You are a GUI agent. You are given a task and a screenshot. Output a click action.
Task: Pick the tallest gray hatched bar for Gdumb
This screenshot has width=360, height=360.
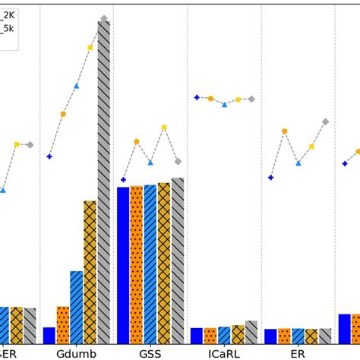coord(104,182)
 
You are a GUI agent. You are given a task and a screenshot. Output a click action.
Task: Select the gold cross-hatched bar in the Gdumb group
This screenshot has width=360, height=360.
coord(90,272)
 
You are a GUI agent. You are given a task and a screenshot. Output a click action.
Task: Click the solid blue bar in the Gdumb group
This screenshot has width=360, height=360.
coord(49,335)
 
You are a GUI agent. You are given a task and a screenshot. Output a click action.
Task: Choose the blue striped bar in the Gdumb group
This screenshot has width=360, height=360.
coord(77,307)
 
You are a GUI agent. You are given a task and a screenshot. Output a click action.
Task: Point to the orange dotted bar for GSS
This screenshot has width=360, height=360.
coord(137,264)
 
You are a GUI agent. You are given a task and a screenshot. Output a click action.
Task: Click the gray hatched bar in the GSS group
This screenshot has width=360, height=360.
coord(178,261)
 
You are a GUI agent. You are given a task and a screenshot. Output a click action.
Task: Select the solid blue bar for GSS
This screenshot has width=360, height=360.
coord(123,265)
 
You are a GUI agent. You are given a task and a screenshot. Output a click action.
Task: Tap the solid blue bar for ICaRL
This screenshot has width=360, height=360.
coord(197,335)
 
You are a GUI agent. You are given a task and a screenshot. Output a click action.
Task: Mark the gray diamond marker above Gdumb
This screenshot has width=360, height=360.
coord(104,17)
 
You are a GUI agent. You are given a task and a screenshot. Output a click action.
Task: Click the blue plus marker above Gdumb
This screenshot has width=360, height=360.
coord(49,156)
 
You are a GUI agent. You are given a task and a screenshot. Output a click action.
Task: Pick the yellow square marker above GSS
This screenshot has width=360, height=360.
coord(164,128)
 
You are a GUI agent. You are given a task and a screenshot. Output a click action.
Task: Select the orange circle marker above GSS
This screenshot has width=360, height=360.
coord(137,141)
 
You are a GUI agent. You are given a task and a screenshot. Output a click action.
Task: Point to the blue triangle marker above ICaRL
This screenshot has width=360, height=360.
coord(224,104)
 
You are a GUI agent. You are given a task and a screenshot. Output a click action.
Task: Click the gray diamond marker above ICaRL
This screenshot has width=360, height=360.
coord(251,99)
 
